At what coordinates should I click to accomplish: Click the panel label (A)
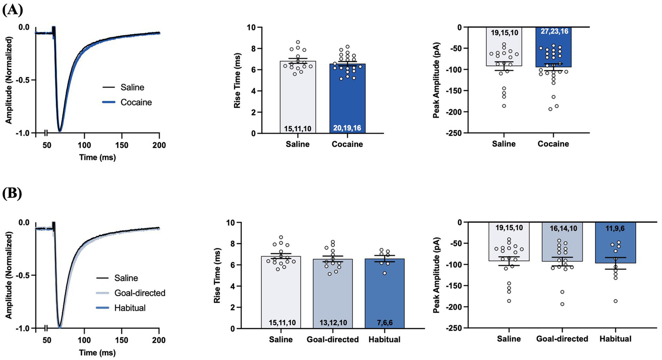tap(13, 9)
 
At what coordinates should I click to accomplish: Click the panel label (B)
tap(13, 194)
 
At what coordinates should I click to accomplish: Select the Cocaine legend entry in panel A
tap(136, 103)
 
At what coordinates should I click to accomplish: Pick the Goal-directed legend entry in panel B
tap(140, 293)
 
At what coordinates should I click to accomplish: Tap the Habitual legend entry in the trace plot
tap(130, 308)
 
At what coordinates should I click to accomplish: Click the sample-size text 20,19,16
tap(347, 128)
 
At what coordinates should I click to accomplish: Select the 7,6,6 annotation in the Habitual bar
tap(384, 323)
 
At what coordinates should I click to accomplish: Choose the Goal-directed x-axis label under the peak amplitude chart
tap(562, 339)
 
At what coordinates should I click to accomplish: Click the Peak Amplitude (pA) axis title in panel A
tap(436, 80)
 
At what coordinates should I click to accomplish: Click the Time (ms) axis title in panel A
tap(97, 158)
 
